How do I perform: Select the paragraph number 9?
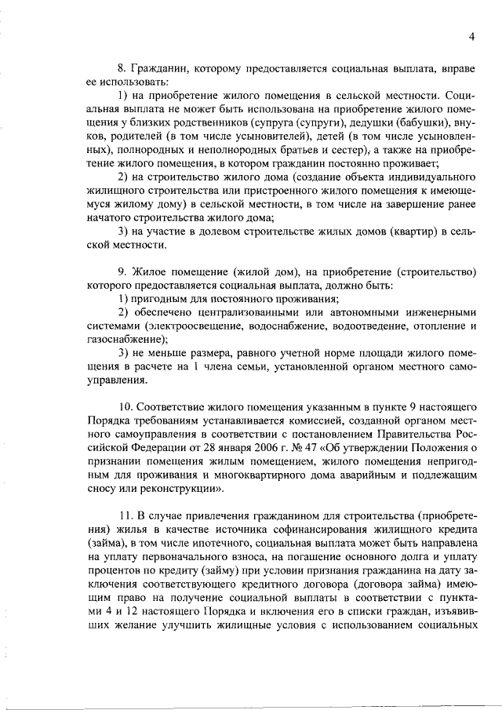120,271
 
